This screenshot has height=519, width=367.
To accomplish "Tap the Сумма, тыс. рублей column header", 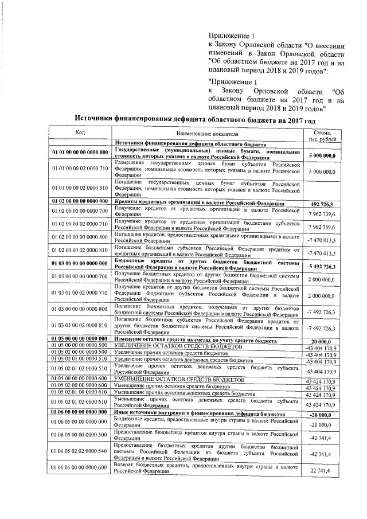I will point(320,136).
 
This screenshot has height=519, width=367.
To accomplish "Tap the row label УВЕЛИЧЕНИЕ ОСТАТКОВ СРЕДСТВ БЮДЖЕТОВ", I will point(179,346).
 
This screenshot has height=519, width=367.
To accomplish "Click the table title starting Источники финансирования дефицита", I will point(196,121).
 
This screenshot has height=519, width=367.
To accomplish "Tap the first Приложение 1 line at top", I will point(228,36).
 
